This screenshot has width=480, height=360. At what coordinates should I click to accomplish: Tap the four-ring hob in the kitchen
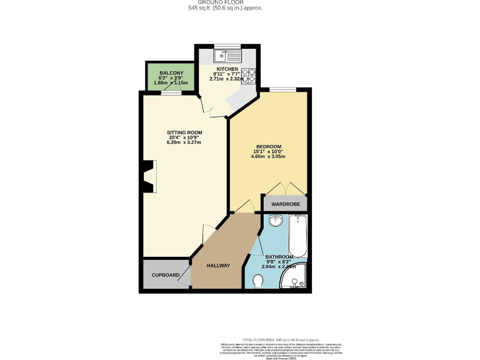[249, 75]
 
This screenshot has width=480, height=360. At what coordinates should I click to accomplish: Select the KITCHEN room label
[227, 69]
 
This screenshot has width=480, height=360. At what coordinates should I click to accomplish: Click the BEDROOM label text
[268, 146]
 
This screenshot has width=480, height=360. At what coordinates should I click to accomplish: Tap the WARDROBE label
[285, 204]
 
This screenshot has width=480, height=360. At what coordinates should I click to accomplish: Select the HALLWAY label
[219, 266]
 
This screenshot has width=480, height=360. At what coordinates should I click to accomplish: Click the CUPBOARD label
[166, 275]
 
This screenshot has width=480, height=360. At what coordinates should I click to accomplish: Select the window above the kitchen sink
[226, 46]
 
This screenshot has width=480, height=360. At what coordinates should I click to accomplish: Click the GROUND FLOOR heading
[225, 2]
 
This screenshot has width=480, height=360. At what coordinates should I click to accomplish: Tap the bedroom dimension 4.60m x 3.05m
[268, 156]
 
